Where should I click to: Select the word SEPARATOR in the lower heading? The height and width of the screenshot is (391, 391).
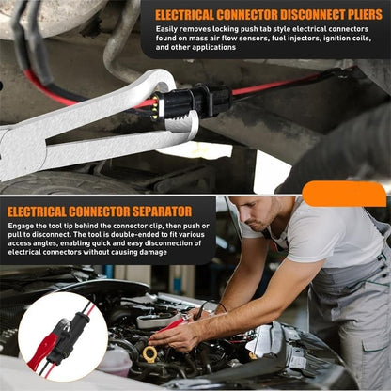coord(144,211)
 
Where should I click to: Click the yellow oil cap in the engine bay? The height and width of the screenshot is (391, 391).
coord(150,353)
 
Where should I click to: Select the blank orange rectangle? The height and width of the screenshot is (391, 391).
coord(344,195)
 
